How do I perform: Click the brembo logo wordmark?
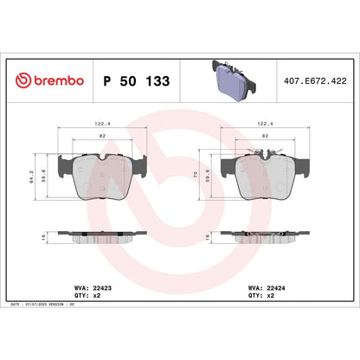pyautogui.click(x=51, y=80)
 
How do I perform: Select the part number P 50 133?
pyautogui.click(x=136, y=80)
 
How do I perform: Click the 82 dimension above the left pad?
pyautogui.click(x=101, y=137)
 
